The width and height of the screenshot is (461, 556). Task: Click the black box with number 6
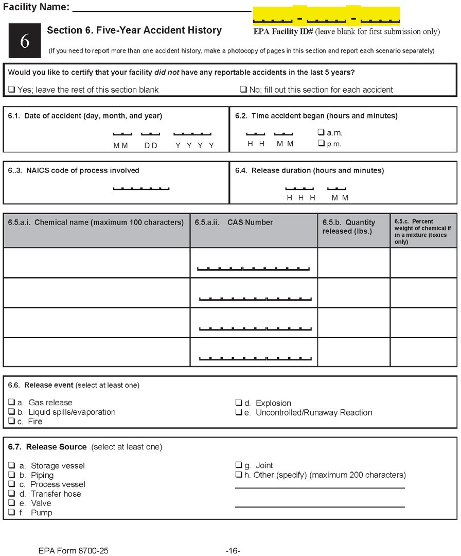click(25, 41)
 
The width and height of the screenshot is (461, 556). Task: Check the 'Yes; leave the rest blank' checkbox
click(11, 90)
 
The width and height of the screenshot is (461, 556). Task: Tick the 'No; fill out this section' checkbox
click(243, 90)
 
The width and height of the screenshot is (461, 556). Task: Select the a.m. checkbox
click(321, 132)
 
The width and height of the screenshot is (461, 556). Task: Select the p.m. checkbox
click(321, 144)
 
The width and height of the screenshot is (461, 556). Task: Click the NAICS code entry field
click(141, 187)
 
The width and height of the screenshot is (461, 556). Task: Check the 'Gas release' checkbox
click(11, 403)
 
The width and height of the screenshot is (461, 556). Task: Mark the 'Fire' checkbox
click(11, 421)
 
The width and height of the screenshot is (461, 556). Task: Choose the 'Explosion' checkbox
click(239, 403)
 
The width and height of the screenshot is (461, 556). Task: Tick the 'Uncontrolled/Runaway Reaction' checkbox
click(239, 412)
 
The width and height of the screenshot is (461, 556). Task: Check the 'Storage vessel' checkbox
click(11, 465)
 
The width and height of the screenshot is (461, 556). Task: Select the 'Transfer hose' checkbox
click(11, 494)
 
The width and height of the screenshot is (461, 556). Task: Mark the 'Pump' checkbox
click(11, 512)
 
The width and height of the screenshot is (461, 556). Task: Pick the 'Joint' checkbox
click(239, 465)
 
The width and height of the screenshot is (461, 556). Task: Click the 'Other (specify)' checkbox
click(239, 475)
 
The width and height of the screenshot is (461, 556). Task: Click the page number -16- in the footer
click(233, 551)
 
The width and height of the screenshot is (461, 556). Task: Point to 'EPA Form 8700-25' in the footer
click(74, 551)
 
